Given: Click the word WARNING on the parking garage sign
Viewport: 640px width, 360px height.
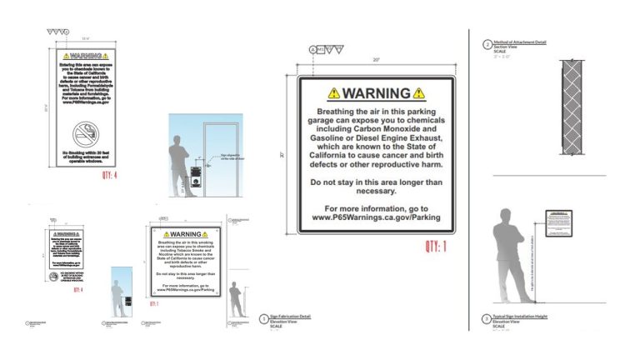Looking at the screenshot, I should tap(376, 93).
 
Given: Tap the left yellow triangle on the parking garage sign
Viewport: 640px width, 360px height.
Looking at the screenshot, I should tap(333, 93).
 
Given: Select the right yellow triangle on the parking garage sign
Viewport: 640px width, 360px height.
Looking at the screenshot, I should tap(418, 93).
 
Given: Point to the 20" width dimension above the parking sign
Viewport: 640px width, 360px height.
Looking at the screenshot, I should tap(376, 60).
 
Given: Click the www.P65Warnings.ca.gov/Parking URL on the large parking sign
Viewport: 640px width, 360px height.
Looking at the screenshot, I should tap(376, 217).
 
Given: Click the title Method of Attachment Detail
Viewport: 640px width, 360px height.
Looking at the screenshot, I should tap(521, 41).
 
